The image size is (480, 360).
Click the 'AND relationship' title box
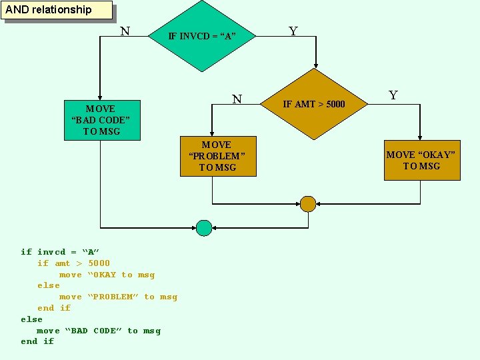coord(57,10)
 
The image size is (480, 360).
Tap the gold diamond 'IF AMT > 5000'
coord(314,103)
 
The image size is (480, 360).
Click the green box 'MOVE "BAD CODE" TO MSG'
coord(102,120)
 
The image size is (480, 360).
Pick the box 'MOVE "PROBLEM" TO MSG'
coord(217,156)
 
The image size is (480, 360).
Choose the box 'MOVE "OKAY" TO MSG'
coord(422,161)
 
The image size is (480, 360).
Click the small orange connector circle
coord(308,204)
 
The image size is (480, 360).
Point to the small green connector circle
coord(204,228)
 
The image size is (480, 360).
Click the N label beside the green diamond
coord(125,31)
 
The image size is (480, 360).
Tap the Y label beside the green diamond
coord(293,31)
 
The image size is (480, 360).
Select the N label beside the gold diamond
coord(237,99)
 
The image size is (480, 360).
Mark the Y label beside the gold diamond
coord(393,95)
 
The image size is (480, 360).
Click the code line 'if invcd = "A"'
coord(60,252)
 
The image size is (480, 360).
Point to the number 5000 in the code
coord(99,263)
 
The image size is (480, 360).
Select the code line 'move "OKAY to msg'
coord(107,275)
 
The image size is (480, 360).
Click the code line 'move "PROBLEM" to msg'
coord(118,297)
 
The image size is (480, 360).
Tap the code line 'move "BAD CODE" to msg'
coord(99,331)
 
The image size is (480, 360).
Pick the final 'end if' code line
coord(37,341)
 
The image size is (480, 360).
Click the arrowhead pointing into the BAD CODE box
coord(100,97)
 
